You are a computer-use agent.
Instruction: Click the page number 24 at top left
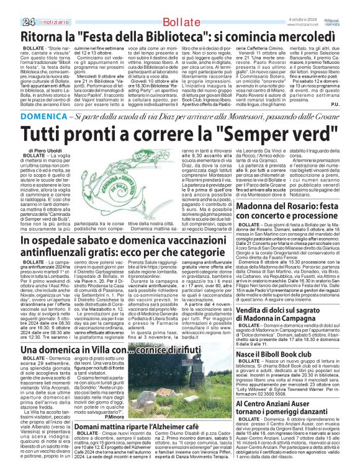click(11, 6)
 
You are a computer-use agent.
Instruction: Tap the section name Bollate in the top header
click(174, 6)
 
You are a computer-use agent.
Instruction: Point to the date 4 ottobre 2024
click(302, 3)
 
